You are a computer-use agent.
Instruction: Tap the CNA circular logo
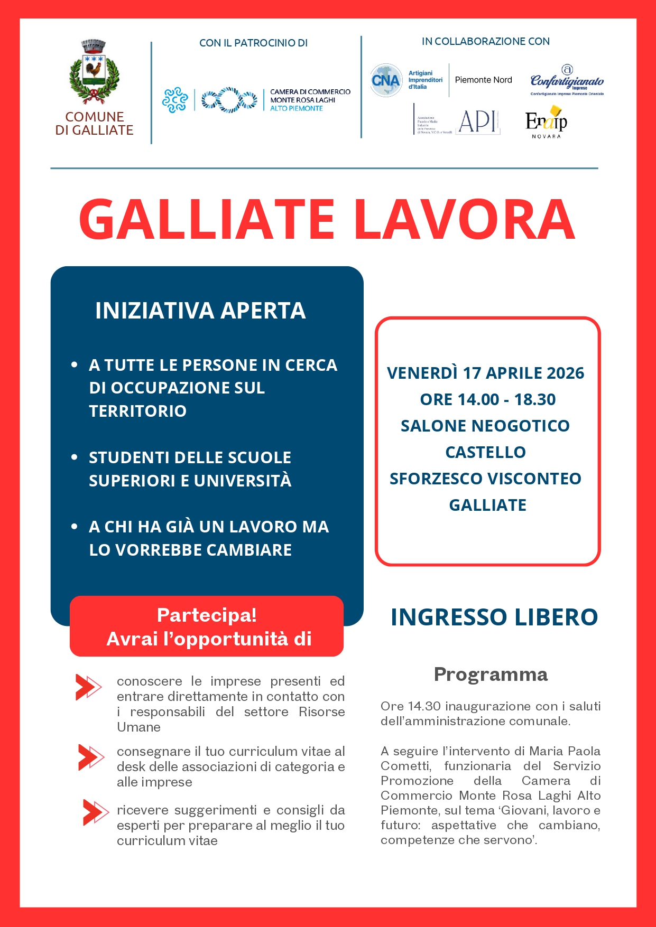point(386,80)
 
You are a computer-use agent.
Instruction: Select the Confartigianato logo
point(567,81)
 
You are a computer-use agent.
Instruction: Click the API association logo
point(477,122)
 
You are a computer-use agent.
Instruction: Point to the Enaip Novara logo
point(546,122)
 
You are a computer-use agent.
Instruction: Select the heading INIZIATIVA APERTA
point(200,311)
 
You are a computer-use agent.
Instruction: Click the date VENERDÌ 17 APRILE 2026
point(485,373)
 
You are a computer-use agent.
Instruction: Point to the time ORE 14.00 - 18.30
point(487,399)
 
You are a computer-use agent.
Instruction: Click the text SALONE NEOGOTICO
point(485,426)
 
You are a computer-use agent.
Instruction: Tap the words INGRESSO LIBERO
point(494,617)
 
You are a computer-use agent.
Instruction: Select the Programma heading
point(491,675)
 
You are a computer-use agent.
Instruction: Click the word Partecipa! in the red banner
point(207,615)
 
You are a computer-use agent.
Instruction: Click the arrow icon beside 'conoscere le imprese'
point(88,687)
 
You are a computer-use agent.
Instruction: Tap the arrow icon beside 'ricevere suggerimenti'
point(95,812)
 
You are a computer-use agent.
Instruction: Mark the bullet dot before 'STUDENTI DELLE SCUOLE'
point(75,457)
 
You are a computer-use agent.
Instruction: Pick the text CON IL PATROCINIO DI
point(253,43)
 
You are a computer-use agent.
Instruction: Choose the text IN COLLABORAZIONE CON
point(485,41)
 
